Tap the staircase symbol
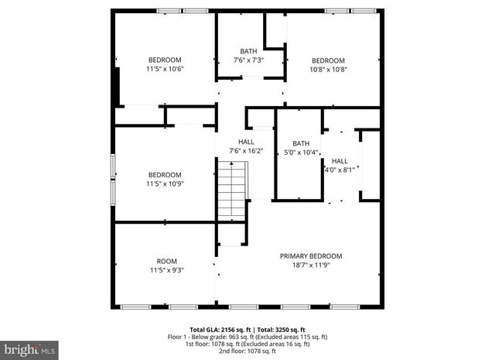230,191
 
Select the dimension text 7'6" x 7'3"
248,60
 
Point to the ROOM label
166,261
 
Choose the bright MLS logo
29,349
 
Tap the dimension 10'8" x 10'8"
328,69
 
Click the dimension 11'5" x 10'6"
165,69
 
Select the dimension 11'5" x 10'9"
165,183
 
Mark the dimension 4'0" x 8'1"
339,170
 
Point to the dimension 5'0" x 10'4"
300,152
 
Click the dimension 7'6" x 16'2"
246,151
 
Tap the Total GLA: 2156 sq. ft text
218,329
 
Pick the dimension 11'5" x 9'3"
166,270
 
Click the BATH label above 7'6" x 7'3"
248,52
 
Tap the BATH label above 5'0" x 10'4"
300,143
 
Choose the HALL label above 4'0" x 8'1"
340,161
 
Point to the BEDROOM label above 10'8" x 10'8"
328,60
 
